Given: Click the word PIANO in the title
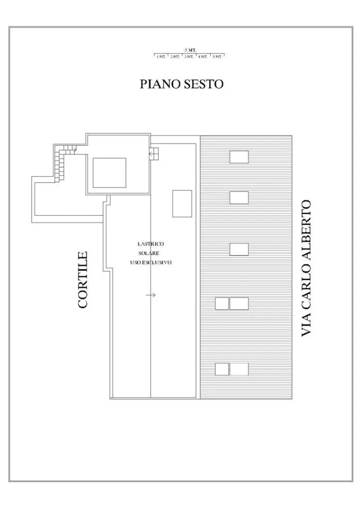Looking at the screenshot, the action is click(160, 84).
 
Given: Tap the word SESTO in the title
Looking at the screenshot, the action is click(204, 84).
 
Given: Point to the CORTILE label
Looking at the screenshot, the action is click(83, 280).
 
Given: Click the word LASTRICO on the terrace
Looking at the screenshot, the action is click(151, 244).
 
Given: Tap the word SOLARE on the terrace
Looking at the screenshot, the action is click(149, 254).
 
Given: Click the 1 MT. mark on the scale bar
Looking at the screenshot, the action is click(161, 57).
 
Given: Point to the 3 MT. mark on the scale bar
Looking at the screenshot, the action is click(189, 57).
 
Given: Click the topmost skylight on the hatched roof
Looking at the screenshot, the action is click(240, 157).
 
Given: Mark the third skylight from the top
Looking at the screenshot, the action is click(240, 250).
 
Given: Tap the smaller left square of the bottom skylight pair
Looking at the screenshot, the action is click(222, 369).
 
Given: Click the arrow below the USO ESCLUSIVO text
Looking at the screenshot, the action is click(151, 295).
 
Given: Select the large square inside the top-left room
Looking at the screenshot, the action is click(110, 173).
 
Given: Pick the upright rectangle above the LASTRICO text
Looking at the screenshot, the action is click(182, 203).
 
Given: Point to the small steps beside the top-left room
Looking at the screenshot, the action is click(154, 154).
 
